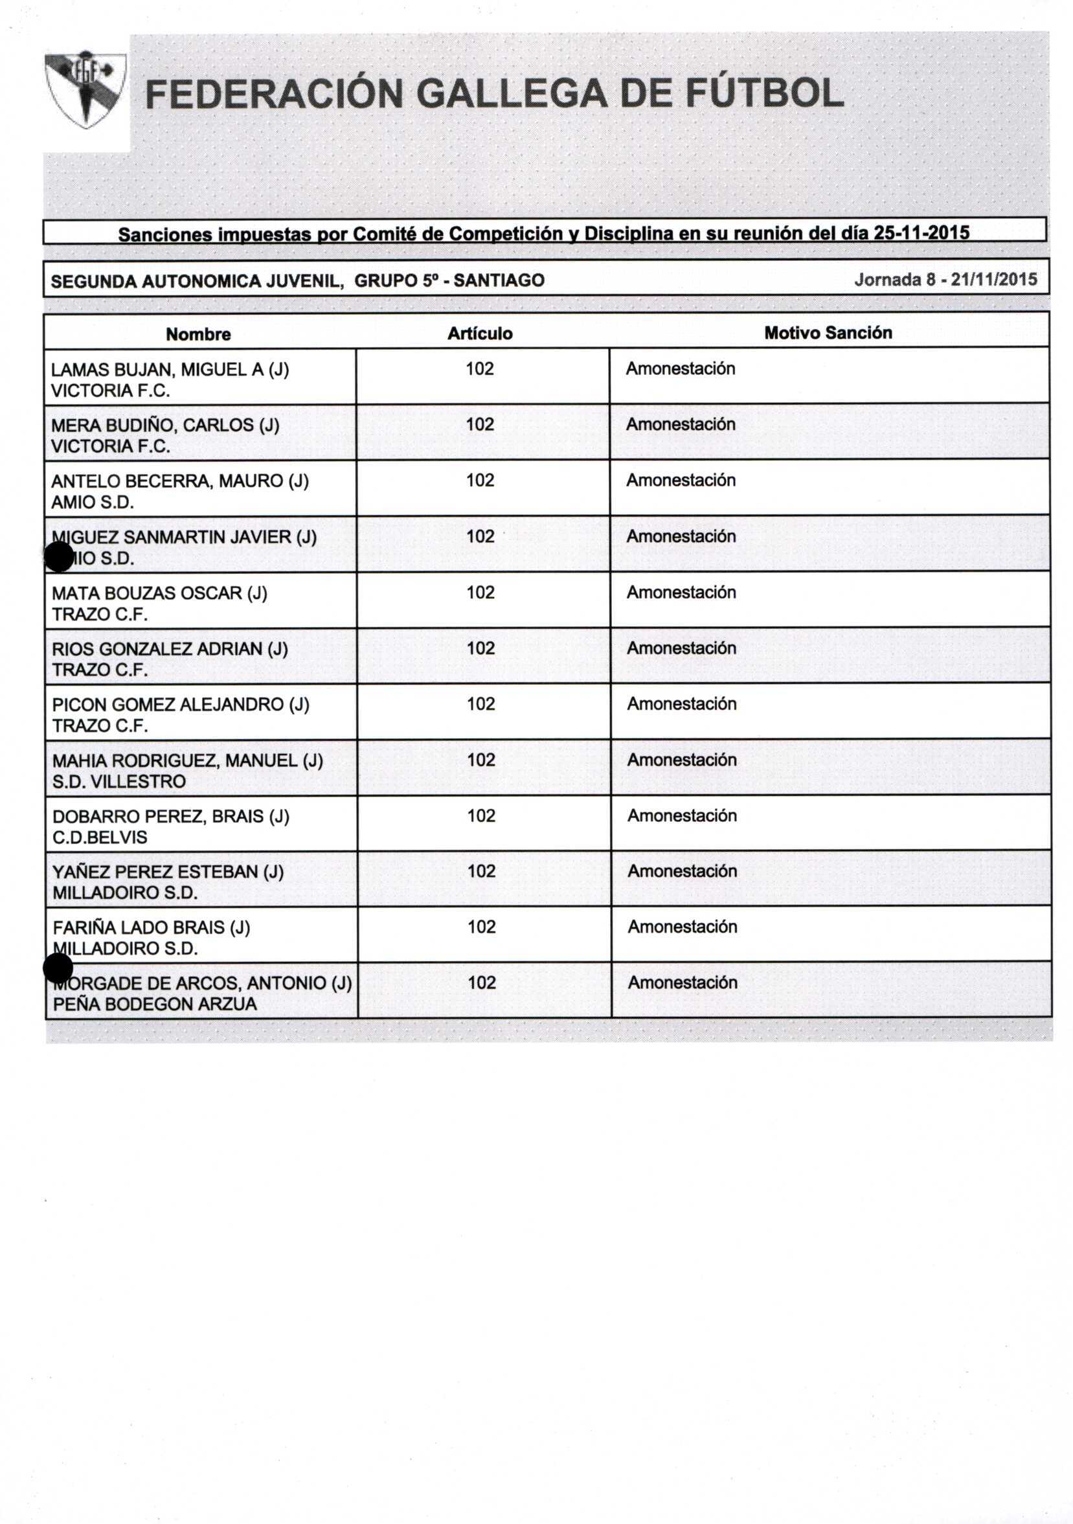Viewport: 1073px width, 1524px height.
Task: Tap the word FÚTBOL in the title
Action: click(x=763, y=94)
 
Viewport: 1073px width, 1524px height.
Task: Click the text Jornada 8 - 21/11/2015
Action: click(x=945, y=279)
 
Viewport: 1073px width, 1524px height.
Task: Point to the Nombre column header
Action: click(x=198, y=334)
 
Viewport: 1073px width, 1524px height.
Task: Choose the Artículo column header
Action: click(x=480, y=333)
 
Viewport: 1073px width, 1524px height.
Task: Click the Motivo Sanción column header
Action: click(x=828, y=332)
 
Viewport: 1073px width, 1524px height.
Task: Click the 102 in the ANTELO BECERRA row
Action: click(x=480, y=481)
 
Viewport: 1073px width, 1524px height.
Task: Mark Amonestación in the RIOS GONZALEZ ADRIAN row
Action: click(x=681, y=648)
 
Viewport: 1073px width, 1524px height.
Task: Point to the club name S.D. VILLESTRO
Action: click(x=119, y=781)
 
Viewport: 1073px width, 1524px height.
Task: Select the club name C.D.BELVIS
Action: click(x=100, y=837)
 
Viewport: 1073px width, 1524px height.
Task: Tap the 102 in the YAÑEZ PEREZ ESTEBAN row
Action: click(x=481, y=871)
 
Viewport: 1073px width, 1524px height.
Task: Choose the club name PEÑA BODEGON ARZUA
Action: click(x=155, y=1004)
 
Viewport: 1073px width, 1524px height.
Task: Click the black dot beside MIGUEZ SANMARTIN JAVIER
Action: click(x=58, y=556)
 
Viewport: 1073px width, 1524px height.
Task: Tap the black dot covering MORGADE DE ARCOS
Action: click(x=58, y=968)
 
